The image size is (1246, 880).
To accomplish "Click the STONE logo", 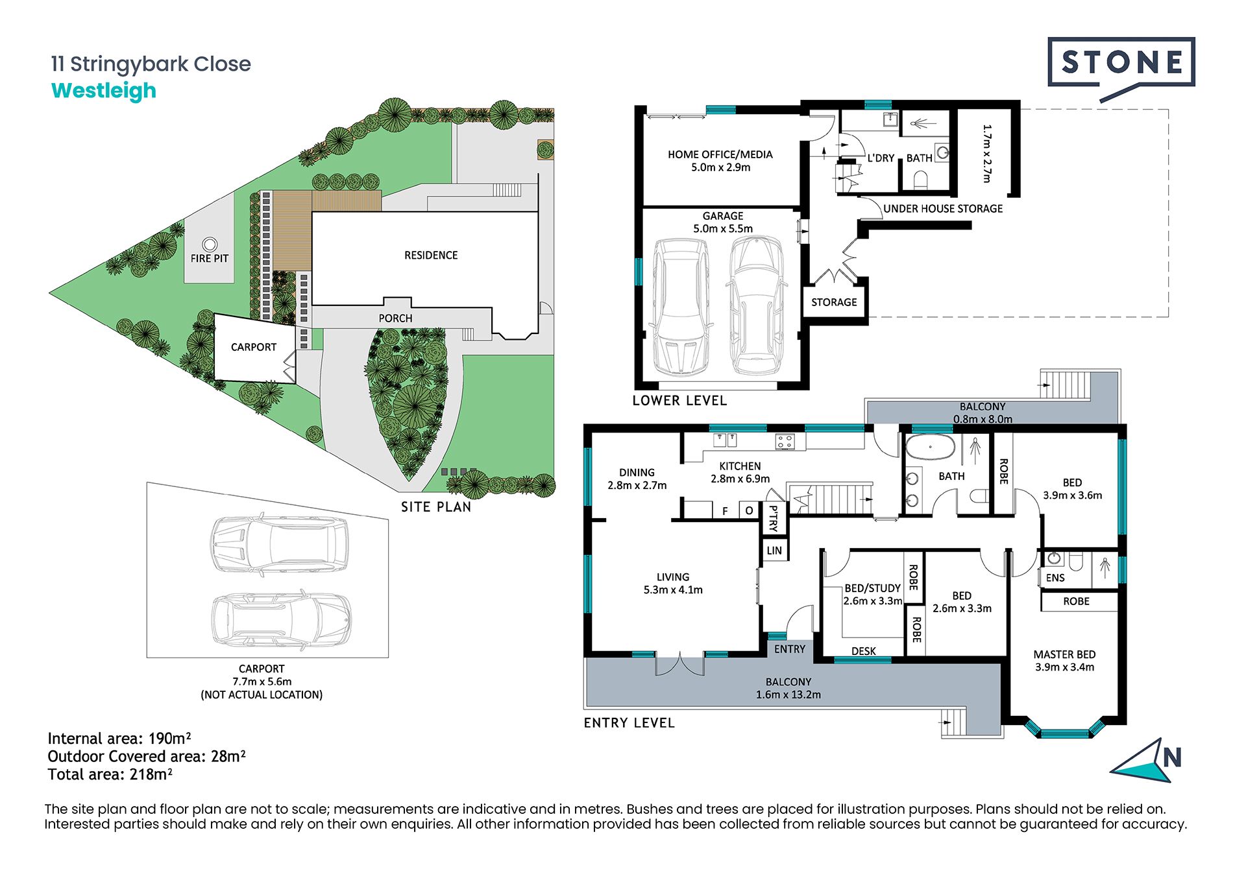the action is (1121, 63).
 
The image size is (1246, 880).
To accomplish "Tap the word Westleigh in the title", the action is (104, 91).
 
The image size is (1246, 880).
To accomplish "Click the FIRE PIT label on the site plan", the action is (210, 258).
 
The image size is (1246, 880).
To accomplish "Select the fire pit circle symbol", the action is (210, 244).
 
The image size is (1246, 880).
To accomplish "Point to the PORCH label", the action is (395, 318).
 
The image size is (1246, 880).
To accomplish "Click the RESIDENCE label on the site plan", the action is (431, 256).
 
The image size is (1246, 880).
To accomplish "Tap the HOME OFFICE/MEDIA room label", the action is (720, 154).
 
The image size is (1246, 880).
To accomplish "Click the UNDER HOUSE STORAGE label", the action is (943, 209).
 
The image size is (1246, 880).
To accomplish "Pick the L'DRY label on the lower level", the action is (881, 158).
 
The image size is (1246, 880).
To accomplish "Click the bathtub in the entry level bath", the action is (930, 447).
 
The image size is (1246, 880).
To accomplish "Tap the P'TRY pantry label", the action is (773, 518).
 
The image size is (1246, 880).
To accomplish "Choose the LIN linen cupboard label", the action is (774, 551).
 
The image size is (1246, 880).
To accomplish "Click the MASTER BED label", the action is (1064, 655).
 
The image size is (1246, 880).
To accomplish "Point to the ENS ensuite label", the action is (1055, 578).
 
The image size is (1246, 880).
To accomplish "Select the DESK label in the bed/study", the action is (864, 651).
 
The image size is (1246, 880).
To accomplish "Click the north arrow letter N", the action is (1172, 757).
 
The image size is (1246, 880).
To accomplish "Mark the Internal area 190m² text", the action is (119, 739).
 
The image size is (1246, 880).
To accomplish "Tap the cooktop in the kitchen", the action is (785, 442).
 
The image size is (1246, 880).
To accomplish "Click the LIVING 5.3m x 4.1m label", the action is (673, 584).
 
